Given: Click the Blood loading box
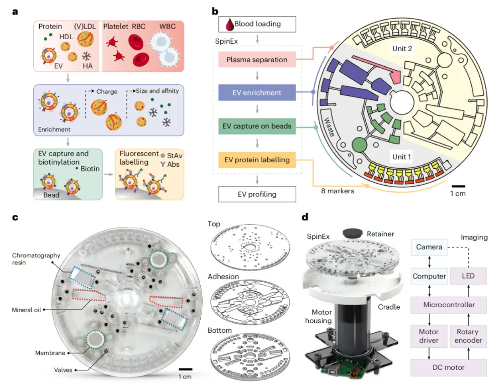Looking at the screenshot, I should coord(257,24).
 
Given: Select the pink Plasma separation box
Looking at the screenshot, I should coord(257,60).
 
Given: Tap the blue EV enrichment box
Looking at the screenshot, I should coord(257,92).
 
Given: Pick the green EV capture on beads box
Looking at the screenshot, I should coord(257,126).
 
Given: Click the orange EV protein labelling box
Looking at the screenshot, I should coord(257,160).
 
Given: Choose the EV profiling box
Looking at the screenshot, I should coord(257,193).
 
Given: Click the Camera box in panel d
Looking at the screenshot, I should coord(429,247).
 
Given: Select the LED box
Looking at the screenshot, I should coord(468,276).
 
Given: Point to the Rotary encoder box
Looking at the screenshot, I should coord(468,336).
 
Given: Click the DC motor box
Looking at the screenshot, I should coord(449,367).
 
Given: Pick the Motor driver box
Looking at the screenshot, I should coord(429,336).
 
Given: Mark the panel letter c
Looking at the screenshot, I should coord(16,218).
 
